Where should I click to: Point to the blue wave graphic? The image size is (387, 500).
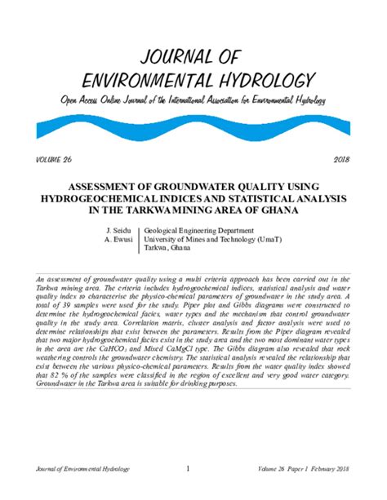[x=193, y=124]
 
